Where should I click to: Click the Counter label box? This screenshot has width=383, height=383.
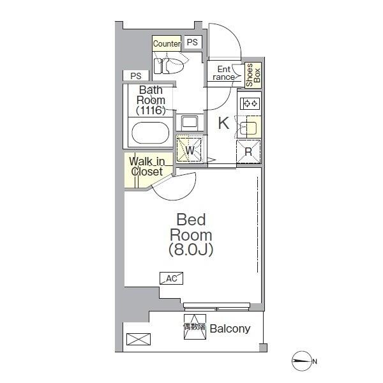(167, 43)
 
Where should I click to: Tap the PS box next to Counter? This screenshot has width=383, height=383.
(193, 42)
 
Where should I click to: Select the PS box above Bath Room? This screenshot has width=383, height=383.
(136, 76)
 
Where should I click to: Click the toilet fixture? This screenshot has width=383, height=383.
(168, 66)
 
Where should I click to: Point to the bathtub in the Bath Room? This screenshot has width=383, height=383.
(150, 133)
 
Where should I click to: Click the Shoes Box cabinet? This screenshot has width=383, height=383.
(253, 75)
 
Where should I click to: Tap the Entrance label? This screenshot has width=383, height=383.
(224, 73)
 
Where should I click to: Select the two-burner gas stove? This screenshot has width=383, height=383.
(250, 104)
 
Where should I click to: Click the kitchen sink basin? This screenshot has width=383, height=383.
(248, 128)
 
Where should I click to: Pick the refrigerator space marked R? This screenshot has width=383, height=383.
(249, 152)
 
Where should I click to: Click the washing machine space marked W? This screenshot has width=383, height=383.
(190, 150)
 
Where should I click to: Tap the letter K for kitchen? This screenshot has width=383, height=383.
(223, 123)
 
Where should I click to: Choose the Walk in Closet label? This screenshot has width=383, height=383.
(147, 167)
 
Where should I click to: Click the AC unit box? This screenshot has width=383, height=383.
(171, 278)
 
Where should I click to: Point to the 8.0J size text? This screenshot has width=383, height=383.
(191, 250)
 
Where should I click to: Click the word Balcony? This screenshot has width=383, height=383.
(230, 329)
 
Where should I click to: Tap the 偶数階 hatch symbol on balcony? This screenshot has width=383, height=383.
(195, 327)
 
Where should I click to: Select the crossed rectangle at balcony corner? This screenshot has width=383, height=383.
(139, 339)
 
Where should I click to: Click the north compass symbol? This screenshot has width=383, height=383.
(302, 361)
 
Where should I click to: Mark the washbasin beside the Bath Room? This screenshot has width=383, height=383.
(190, 122)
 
